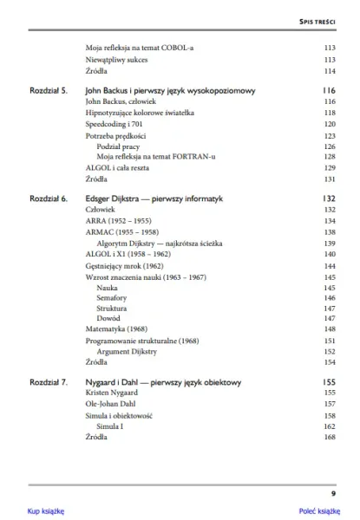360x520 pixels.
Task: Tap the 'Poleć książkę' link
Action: point(318,510)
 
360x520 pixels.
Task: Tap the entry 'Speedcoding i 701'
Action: point(114,124)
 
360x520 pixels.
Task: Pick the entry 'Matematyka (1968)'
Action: point(117,329)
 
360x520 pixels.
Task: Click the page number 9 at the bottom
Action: point(333,493)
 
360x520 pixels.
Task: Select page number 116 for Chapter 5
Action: point(328,90)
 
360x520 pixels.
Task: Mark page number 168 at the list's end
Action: point(329,438)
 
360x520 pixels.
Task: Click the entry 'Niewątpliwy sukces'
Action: point(116,60)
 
